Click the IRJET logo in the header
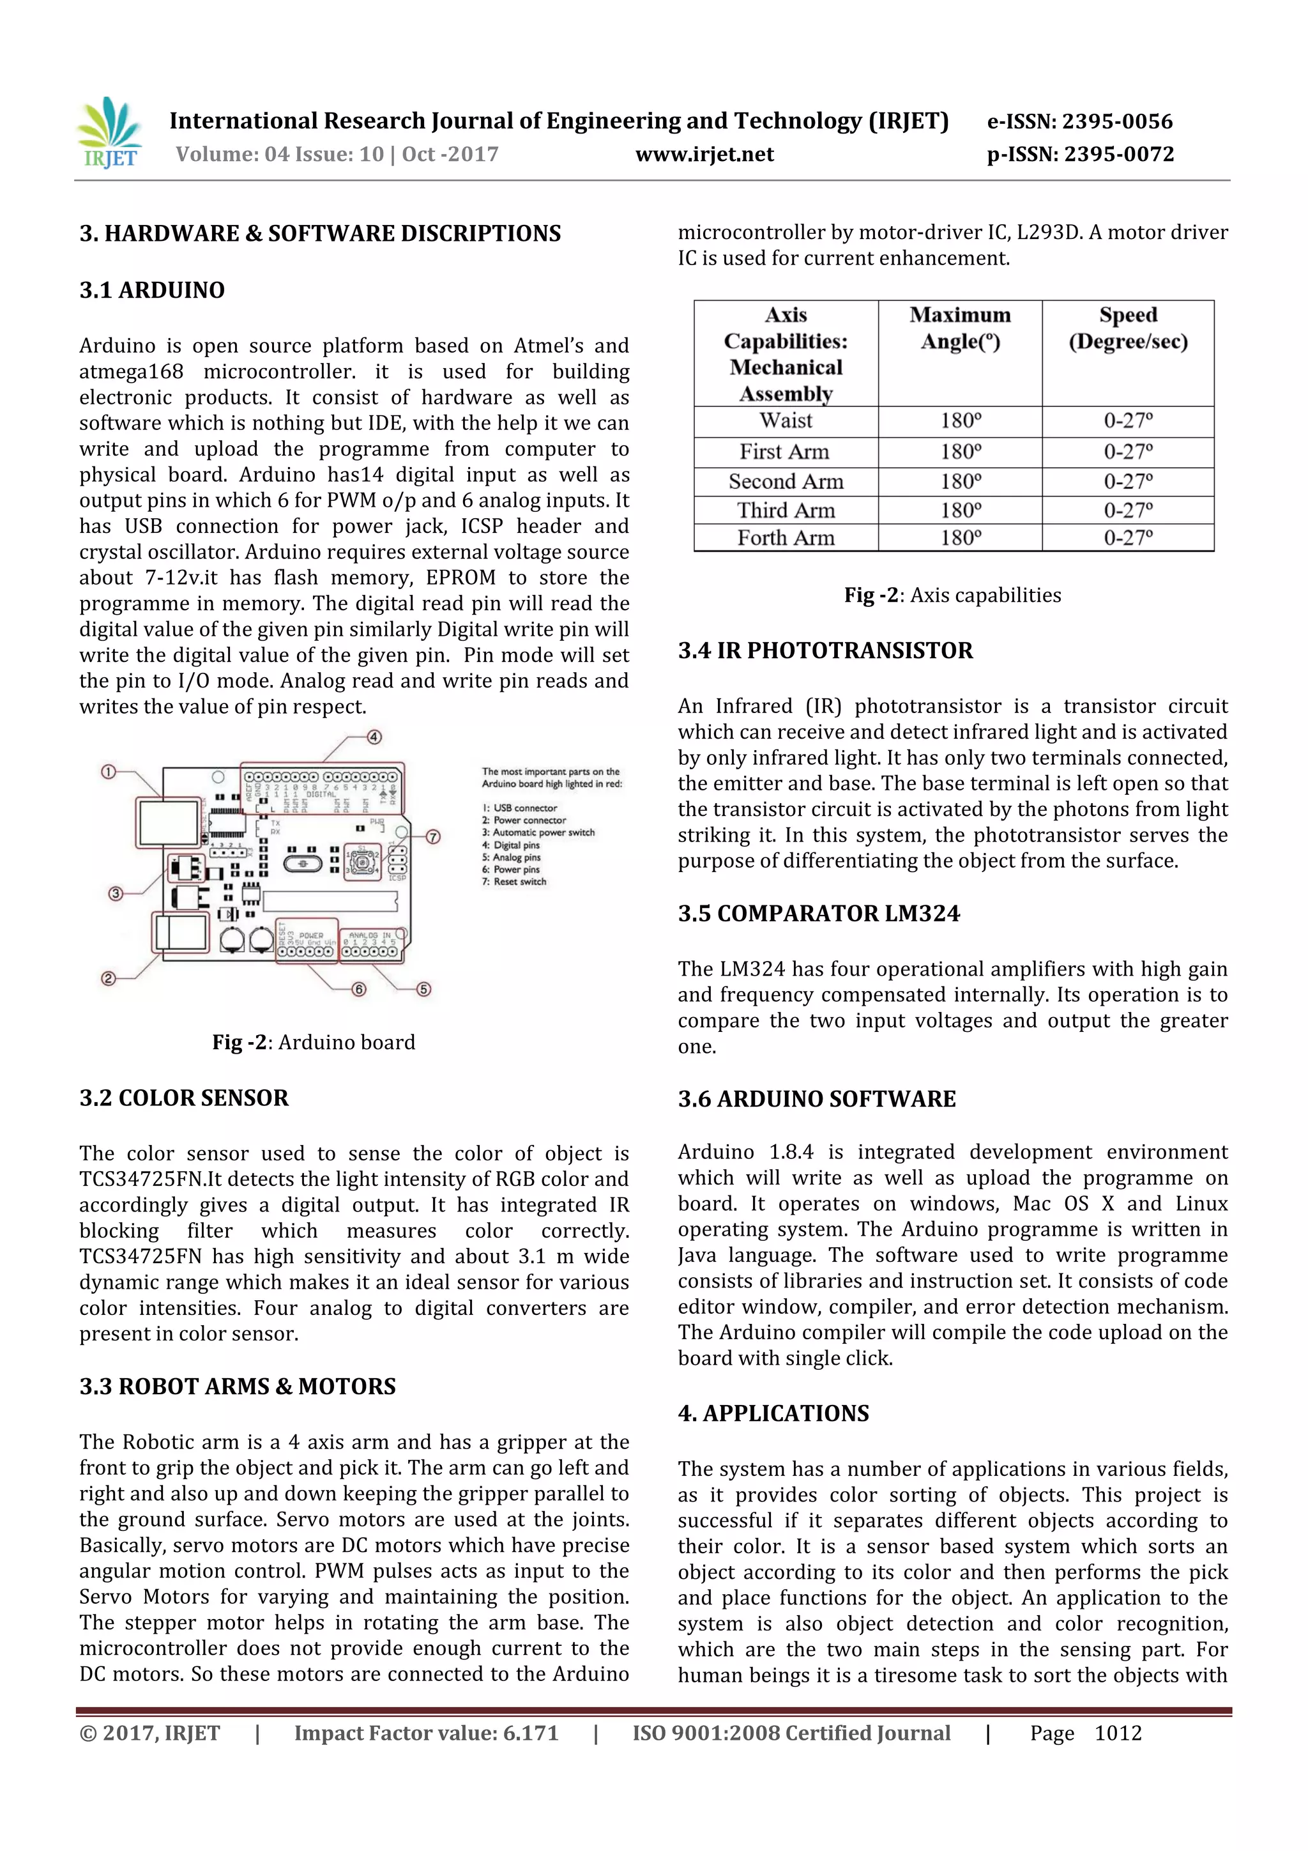click(110, 133)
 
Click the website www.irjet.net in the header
click(704, 154)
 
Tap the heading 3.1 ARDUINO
click(151, 290)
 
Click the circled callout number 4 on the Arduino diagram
click(374, 737)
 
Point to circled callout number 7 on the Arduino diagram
click(433, 837)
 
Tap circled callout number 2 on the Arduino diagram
click(108, 979)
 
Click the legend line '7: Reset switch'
click(514, 882)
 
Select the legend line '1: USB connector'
click(520, 808)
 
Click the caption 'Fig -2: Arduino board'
click(314, 1042)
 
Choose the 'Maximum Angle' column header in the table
click(960, 328)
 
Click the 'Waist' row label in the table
click(786, 421)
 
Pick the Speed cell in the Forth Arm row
click(1127, 538)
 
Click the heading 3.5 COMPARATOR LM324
click(818, 914)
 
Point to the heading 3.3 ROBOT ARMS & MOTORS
click(238, 1386)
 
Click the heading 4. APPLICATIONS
click(773, 1413)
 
